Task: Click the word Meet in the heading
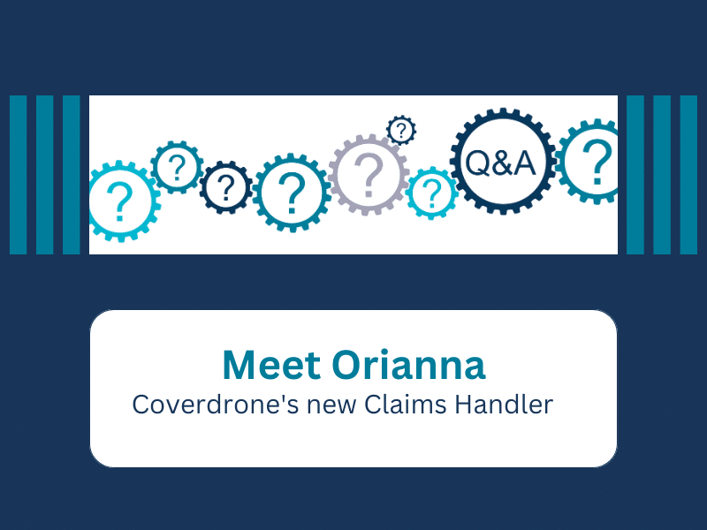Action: click(271, 365)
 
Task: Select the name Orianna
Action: click(408, 365)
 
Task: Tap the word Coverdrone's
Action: click(216, 405)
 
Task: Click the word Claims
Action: click(405, 405)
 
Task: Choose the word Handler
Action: click(503, 405)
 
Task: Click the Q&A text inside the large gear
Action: click(500, 163)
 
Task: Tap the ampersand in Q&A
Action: click(500, 163)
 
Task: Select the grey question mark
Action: click(369, 173)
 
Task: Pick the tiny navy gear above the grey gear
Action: click(401, 130)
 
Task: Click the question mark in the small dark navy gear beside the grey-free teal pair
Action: click(225, 187)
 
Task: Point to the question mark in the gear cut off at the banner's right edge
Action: click(597, 163)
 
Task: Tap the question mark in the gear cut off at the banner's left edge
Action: click(119, 201)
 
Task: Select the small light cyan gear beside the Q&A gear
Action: click(431, 193)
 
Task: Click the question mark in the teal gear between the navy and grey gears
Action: click(292, 193)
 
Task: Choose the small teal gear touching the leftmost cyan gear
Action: click(177, 167)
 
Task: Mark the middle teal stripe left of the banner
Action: click(45, 175)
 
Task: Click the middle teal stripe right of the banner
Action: click(662, 175)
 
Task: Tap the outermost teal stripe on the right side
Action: click(688, 175)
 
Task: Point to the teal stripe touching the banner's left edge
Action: click(72, 175)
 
